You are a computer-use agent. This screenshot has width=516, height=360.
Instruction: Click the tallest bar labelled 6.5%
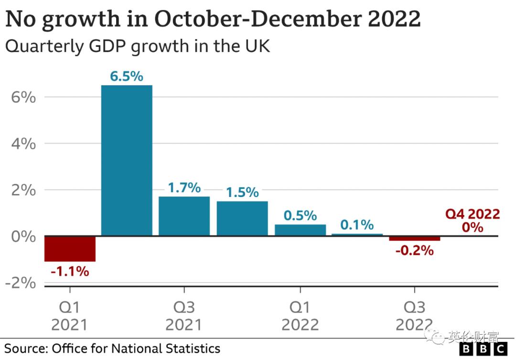pos(127,160)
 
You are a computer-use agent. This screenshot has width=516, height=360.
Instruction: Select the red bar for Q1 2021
pos(70,249)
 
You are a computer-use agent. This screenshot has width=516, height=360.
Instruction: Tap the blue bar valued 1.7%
pos(184,216)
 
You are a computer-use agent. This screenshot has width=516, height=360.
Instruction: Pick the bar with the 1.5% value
pos(242,218)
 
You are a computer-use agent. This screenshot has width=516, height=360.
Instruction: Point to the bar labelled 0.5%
pos(300,230)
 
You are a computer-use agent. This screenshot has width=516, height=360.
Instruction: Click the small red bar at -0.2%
pos(414,238)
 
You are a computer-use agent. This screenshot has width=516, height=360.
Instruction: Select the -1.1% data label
pos(70,272)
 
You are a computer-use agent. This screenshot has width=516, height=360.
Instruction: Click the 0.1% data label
pos(357,224)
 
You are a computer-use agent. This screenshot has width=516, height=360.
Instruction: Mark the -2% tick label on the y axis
pos(20,283)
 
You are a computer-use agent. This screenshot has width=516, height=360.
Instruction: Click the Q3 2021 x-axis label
pos(184,316)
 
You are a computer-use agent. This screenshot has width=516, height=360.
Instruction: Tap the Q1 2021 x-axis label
pos(70,316)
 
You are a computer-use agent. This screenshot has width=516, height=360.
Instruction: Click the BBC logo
pos(484,349)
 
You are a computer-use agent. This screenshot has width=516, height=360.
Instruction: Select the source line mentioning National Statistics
pos(112,348)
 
